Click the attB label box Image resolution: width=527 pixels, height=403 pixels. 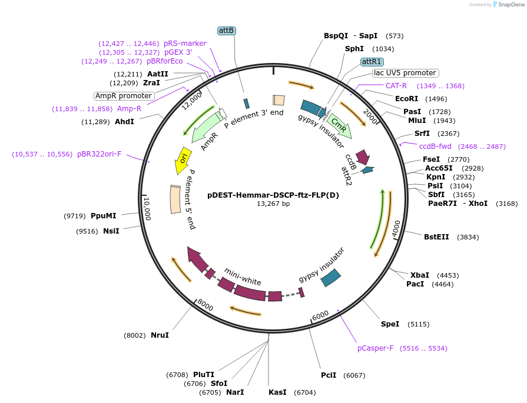tap(226, 30)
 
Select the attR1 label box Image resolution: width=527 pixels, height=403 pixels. tap(372, 61)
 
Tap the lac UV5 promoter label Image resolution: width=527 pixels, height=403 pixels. tap(405, 73)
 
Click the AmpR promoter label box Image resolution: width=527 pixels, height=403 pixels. tap(124, 96)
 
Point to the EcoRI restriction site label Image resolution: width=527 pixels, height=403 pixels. tap(406, 99)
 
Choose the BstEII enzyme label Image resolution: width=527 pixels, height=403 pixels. tap(436, 237)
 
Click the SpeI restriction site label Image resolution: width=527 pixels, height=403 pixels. tap(390, 324)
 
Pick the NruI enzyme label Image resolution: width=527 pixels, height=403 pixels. tap(160, 335)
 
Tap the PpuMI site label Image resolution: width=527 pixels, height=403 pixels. tap(104, 216)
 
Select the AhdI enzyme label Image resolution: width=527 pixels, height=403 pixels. tap(124, 122)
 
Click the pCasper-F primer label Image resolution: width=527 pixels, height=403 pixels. tap(375, 348)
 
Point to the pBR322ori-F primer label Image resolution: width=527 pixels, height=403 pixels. tap(99, 154)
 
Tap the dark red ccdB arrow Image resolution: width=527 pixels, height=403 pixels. tap(363, 156)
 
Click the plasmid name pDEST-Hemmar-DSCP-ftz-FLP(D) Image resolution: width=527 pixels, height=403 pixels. tap(273, 195)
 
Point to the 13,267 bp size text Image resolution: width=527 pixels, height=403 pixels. tap(273, 204)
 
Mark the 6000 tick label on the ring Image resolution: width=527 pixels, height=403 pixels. tap(320, 316)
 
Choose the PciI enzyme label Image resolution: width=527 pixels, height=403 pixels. tap(329, 375)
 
